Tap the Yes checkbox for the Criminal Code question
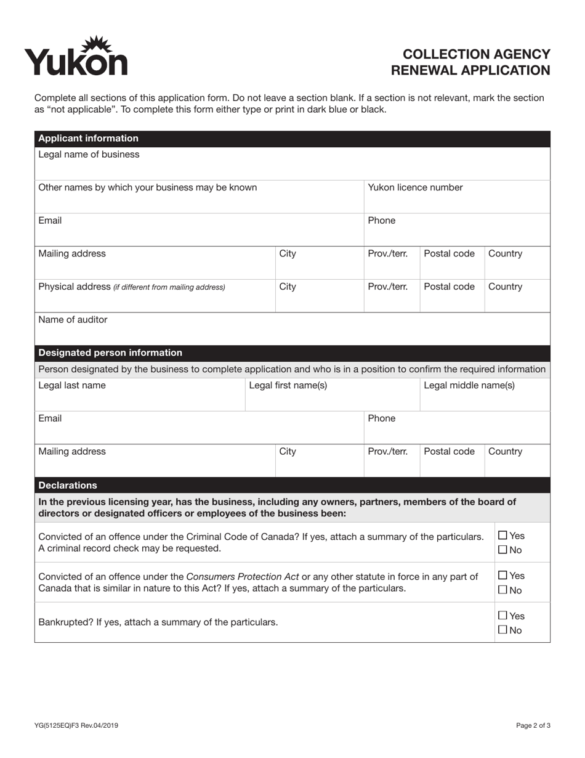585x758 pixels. point(502,536)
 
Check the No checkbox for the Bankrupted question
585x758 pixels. point(502,630)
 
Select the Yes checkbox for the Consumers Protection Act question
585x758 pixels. point(502,575)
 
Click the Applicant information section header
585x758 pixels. point(88,138)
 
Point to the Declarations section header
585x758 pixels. point(68,485)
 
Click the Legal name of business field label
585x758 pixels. point(89,154)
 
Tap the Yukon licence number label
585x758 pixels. point(415,187)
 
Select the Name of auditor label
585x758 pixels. point(73,319)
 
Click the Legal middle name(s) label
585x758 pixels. point(469,385)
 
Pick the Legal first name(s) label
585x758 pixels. point(288,385)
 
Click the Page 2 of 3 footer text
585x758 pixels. point(533,725)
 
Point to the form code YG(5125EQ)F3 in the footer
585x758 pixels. point(76,725)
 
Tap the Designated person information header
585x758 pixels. point(110,353)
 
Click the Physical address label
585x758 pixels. point(74,287)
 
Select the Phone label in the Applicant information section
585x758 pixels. point(382,221)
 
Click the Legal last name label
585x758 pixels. point(72,385)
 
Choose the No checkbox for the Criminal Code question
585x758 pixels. point(502,550)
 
